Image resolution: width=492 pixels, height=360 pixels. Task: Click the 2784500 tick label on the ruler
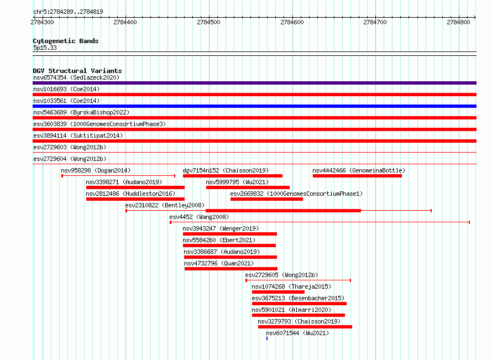pos(208,22)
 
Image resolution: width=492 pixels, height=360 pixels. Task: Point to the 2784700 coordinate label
pos(375,22)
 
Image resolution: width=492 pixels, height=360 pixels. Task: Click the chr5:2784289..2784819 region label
pos(68,12)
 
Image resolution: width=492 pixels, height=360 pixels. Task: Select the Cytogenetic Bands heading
pos(66,41)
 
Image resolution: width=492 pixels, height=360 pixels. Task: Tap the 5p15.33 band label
pos(45,48)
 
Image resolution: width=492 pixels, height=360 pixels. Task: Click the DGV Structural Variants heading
pos(77,71)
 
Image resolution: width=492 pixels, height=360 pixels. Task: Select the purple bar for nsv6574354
pos(254,83)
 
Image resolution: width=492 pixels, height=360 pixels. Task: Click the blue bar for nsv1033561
pos(254,106)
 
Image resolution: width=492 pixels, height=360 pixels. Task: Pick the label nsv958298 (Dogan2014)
pos(96,170)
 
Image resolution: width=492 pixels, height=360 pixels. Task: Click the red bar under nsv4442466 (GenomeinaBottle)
pos(357,176)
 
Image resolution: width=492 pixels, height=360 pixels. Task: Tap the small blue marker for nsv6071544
pos(267,338)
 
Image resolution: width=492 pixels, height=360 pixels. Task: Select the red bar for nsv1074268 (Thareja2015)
pos(278,292)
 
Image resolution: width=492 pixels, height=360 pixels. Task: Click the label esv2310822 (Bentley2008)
pos(165,205)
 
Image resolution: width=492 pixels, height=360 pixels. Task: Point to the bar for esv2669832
pos(266,199)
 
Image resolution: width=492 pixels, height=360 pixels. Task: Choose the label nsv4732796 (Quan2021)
pos(219,263)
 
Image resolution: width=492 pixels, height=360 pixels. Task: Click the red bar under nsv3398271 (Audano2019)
pos(135,187)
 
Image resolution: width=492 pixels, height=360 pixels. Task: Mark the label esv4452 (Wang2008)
pos(199,217)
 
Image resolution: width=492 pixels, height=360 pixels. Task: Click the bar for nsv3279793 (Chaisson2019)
pos(305,327)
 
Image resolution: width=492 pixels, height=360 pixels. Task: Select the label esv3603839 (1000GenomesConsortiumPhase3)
pos(100,124)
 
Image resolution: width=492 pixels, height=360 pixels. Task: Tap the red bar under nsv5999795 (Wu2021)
pos(248,187)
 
